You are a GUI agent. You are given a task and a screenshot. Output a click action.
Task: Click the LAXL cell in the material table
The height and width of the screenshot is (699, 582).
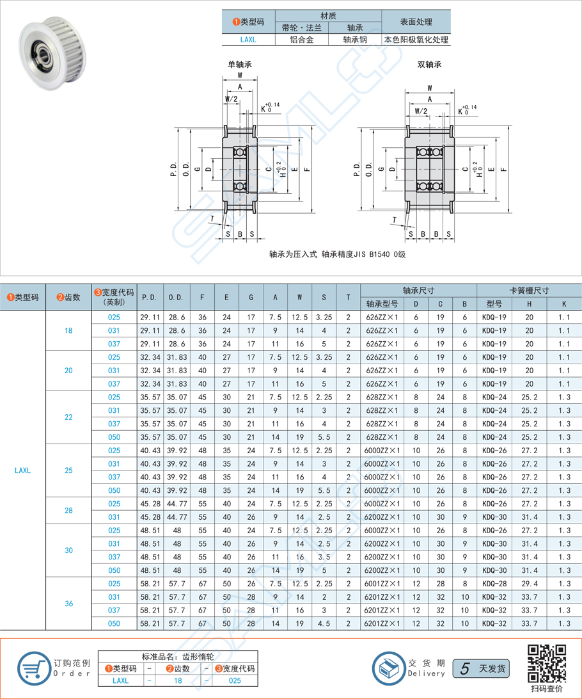coord(248,40)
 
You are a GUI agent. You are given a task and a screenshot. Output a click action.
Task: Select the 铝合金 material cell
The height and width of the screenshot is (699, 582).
coord(301,40)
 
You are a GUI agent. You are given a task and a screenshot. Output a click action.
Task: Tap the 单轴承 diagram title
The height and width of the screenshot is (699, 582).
coord(240,65)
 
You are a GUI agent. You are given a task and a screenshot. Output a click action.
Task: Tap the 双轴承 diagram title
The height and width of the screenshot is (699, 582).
coord(429,65)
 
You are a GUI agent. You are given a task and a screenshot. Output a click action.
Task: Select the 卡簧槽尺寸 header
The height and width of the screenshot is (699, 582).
coord(529,290)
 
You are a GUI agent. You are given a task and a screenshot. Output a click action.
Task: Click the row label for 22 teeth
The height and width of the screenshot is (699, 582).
coord(69,417)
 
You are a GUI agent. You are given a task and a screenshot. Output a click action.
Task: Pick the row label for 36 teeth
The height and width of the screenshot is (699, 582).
coord(69,604)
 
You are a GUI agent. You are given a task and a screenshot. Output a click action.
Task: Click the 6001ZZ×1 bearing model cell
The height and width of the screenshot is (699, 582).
coord(381,584)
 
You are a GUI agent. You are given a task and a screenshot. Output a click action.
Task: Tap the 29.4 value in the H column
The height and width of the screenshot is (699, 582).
coord(529,584)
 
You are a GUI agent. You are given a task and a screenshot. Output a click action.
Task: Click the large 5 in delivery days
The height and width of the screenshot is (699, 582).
coord(465,668)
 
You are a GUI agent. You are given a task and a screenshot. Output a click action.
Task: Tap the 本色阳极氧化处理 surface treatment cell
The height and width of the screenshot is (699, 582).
coord(416,40)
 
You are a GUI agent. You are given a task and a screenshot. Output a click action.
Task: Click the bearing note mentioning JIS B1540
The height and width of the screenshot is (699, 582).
coord(338,254)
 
